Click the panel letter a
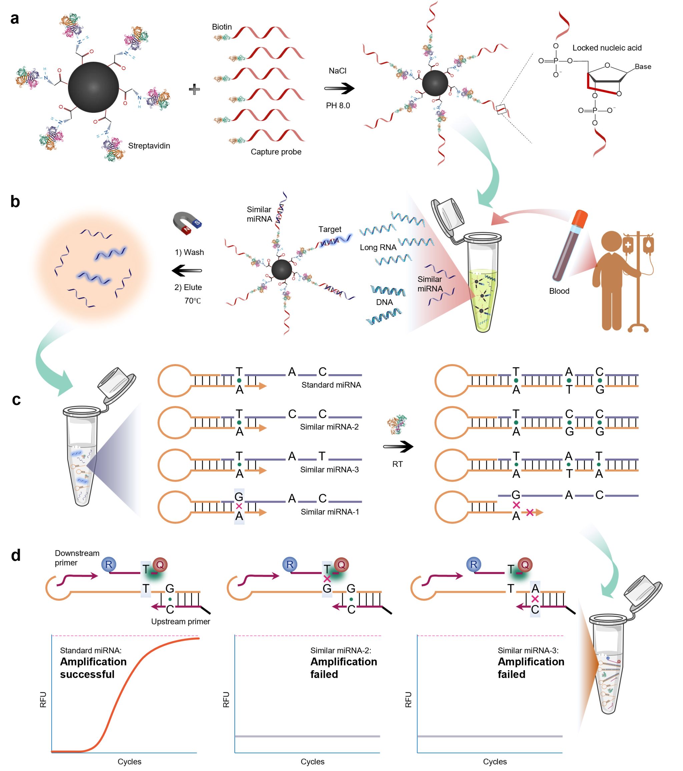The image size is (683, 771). click(x=15, y=18)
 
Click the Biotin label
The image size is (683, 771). click(x=222, y=27)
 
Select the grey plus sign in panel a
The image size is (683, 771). click(x=194, y=89)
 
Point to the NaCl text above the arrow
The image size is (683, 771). click(x=337, y=71)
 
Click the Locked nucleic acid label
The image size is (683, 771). click(x=607, y=48)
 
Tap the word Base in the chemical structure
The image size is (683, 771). click(x=643, y=67)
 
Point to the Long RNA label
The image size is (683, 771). click(x=378, y=247)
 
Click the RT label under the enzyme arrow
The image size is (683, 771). click(x=397, y=464)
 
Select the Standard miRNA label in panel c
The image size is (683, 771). click(x=331, y=385)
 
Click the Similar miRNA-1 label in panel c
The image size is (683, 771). click(x=330, y=512)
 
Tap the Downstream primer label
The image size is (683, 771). click(x=77, y=558)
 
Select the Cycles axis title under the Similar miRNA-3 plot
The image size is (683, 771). click(x=495, y=762)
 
